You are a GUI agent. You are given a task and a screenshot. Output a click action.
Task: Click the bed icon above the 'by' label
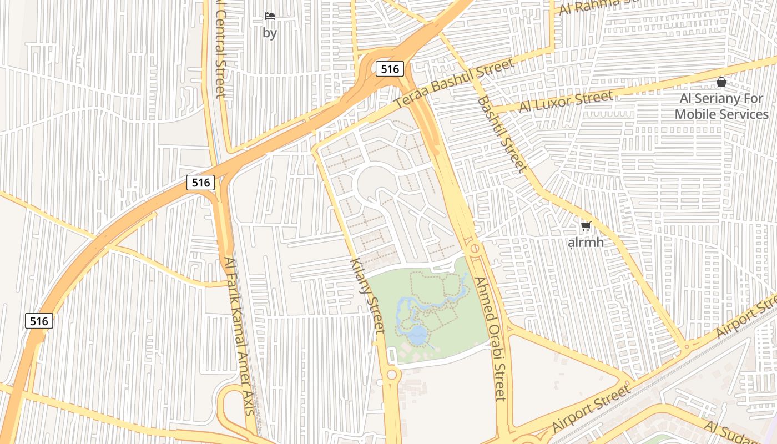click(270, 16)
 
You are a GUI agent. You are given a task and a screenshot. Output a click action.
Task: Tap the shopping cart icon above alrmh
click(586, 226)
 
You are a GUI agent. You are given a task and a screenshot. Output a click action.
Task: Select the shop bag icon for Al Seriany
click(721, 82)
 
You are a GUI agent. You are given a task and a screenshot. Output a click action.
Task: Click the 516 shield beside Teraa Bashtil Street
click(390, 69)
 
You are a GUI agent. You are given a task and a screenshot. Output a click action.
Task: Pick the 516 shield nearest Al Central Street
click(200, 182)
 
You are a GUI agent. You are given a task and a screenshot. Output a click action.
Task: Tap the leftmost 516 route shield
click(39, 320)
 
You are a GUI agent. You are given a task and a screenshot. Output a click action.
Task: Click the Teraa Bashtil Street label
click(455, 84)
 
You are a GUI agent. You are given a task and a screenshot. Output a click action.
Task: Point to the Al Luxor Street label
click(566, 102)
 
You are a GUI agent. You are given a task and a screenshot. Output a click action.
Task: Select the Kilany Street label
click(368, 295)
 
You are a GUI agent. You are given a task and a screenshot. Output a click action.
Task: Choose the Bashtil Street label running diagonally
click(502, 134)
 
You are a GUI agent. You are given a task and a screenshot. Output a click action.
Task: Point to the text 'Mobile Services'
click(722, 114)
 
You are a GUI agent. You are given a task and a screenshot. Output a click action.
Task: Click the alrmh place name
click(586, 243)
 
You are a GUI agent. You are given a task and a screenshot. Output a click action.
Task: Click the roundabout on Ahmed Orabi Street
click(475, 249)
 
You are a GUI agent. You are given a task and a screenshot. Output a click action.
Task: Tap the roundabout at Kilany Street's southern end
click(392, 375)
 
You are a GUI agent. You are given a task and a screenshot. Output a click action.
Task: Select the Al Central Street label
click(220, 50)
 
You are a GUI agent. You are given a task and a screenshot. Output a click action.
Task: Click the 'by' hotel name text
click(270, 33)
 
